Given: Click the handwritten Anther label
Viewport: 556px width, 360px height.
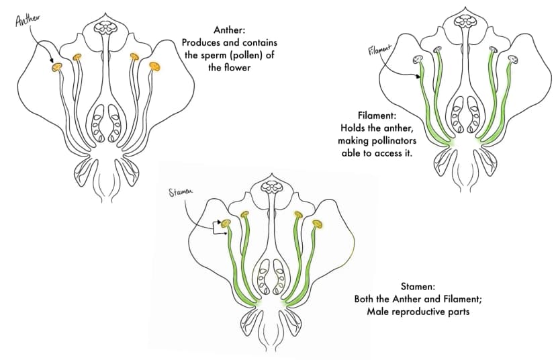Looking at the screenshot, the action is pyautogui.click(x=27, y=19).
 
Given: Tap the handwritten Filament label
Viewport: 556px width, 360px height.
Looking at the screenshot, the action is pyautogui.click(x=380, y=50).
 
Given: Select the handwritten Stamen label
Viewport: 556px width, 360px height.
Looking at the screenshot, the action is pyautogui.click(x=181, y=191).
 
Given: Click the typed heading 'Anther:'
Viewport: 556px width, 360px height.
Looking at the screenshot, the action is pyautogui.click(x=229, y=30).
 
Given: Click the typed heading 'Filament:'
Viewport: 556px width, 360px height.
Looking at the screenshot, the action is pyautogui.click(x=377, y=116).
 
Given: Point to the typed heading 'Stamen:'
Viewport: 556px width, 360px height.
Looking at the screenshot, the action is pyautogui.click(x=418, y=286).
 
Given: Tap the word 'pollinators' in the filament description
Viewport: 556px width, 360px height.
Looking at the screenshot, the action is pyautogui.click(x=394, y=141).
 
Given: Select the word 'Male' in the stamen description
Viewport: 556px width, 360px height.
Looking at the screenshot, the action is pyautogui.click(x=377, y=312).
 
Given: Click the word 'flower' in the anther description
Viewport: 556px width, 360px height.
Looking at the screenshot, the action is pyautogui.click(x=238, y=67).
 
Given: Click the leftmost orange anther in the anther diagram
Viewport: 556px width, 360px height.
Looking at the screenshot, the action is pyautogui.click(x=56, y=66).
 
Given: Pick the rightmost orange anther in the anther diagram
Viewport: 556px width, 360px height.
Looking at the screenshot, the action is pyautogui.click(x=154, y=66).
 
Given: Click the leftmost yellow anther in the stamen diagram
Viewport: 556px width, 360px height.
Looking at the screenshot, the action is pyautogui.click(x=226, y=224).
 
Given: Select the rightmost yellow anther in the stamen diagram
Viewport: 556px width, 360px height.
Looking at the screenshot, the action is pyautogui.click(x=318, y=224).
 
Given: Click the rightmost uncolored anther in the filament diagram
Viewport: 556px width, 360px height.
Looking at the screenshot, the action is pyautogui.click(x=513, y=59).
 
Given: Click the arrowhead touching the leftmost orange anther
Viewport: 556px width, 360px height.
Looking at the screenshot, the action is pyautogui.click(x=52, y=60).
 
